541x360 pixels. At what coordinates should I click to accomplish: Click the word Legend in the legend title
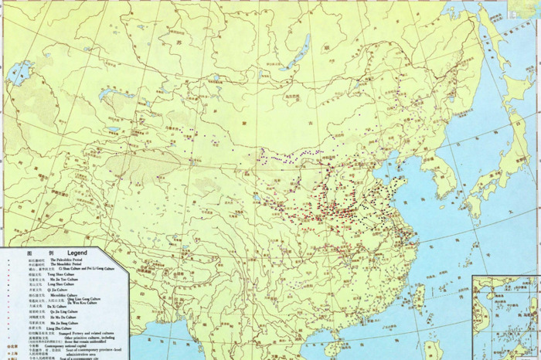click(77, 252)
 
